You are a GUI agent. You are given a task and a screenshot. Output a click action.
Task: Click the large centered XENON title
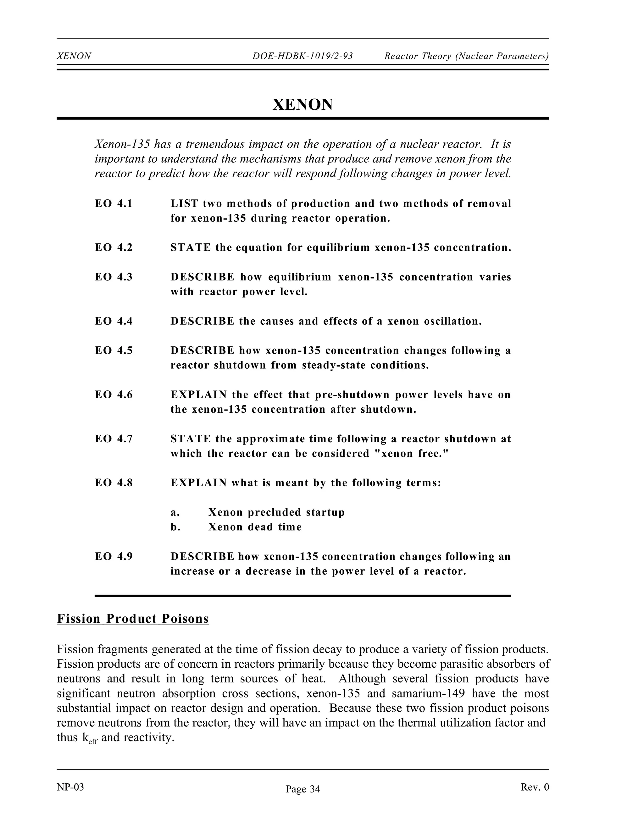click(x=303, y=104)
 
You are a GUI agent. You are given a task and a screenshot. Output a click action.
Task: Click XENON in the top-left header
click(x=74, y=56)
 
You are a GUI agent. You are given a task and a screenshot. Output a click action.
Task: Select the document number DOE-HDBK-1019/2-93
click(x=303, y=56)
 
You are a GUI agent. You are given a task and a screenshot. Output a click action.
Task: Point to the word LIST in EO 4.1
click(x=184, y=204)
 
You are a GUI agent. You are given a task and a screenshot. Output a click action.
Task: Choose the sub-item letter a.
click(x=175, y=512)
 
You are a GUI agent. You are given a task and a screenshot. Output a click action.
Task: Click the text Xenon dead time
click(x=255, y=527)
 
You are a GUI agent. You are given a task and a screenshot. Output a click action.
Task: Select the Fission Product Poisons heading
click(x=133, y=619)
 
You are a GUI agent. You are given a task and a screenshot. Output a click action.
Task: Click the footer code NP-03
click(x=70, y=787)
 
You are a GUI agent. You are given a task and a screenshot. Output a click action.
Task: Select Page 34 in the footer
click(x=303, y=789)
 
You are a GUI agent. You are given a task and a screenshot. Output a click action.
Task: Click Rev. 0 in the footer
click(x=535, y=787)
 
